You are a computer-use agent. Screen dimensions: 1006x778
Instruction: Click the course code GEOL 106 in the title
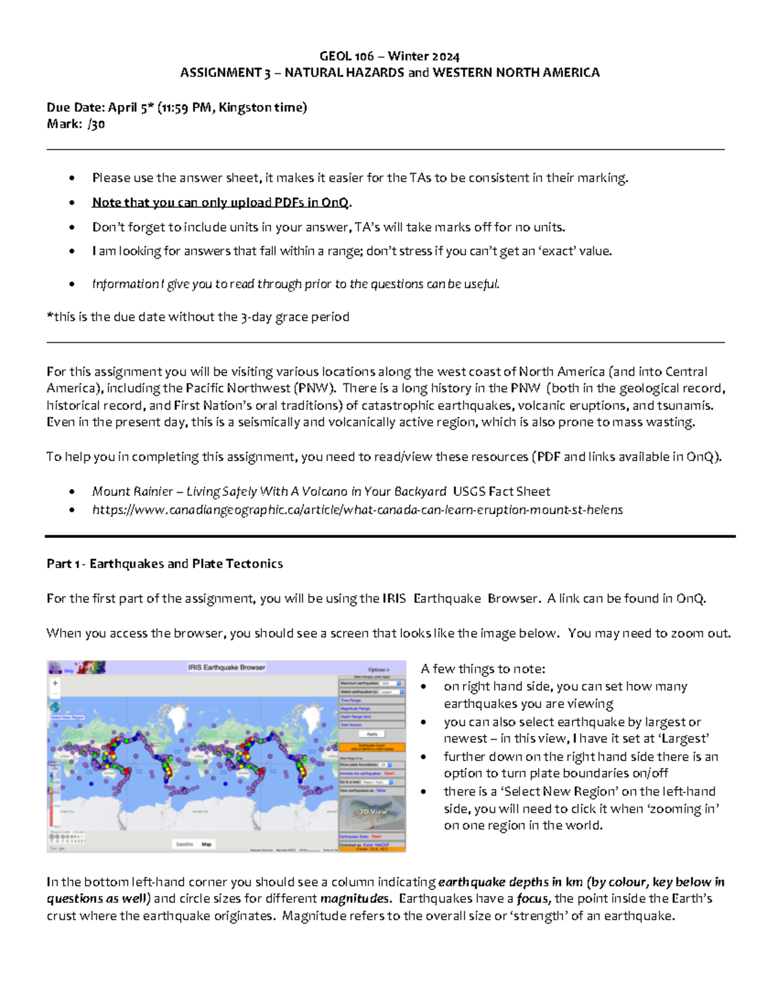347,56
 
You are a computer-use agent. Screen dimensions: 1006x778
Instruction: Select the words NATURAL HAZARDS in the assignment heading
344,73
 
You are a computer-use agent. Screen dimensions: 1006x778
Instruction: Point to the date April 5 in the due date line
131,108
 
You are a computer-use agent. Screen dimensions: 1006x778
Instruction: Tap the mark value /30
96,124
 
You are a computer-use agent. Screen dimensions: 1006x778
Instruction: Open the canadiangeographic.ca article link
357,510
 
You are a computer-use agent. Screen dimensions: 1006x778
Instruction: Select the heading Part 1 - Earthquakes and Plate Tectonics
165,564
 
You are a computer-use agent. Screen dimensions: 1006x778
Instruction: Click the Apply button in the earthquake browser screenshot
372,734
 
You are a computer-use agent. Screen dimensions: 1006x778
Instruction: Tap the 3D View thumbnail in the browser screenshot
372,811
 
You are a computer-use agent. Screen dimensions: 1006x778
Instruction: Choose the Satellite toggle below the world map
185,844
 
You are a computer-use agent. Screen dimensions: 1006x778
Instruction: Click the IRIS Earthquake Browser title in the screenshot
226,667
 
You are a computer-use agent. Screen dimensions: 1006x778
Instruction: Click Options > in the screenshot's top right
379,669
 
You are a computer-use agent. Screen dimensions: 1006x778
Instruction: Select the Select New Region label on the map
67,717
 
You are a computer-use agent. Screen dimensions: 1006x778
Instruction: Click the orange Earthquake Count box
372,747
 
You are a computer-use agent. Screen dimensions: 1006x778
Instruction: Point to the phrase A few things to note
482,669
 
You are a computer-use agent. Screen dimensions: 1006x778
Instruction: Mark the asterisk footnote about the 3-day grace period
198,317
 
